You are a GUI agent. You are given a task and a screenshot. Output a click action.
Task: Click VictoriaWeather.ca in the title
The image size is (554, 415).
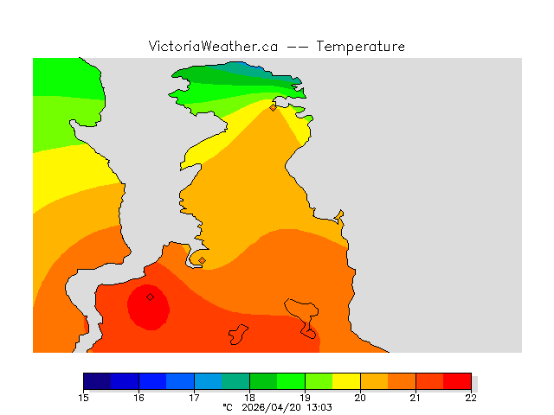tap(213, 47)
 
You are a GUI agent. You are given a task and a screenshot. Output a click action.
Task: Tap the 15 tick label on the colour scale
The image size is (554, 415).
tap(84, 398)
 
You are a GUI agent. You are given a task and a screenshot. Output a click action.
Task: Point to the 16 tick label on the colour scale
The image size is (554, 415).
tap(139, 398)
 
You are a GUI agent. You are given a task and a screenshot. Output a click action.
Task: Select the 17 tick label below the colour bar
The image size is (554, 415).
tap(195, 398)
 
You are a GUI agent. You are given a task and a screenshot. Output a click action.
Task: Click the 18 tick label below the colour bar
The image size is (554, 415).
tap(249, 398)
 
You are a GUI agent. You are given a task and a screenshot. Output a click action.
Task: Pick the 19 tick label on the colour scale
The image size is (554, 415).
tap(305, 398)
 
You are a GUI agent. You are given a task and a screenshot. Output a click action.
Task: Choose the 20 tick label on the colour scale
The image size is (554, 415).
tap(360, 398)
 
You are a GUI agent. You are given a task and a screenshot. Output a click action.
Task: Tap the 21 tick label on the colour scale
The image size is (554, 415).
tap(415, 398)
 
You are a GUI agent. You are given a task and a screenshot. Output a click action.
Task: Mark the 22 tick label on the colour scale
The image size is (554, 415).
tap(470, 398)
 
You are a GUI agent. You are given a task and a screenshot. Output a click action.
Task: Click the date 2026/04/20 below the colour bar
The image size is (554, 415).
tap(269, 407)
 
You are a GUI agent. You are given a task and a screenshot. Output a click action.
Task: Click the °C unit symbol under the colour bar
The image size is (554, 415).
tap(229, 407)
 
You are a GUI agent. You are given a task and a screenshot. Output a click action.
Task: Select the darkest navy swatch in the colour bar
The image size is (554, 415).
tap(97, 381)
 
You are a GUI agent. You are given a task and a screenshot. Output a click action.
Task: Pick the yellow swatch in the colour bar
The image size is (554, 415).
tap(346, 381)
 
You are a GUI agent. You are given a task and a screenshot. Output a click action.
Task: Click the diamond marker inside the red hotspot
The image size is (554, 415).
tap(150, 297)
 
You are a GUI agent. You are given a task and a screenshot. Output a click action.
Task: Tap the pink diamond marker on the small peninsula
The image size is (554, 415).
tap(202, 260)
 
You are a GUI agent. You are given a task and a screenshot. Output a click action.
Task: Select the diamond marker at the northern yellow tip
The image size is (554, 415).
tap(273, 107)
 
